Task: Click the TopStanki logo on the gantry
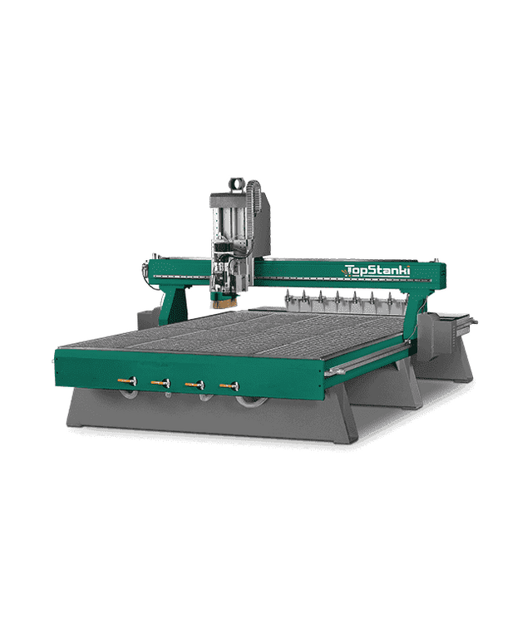(376, 271)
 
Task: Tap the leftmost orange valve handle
(126, 380)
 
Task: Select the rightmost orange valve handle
(229, 385)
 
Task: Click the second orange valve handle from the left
(160, 382)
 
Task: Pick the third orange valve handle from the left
(195, 384)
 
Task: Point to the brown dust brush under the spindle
(223, 302)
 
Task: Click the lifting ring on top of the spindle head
(236, 184)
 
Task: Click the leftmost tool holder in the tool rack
(288, 298)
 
